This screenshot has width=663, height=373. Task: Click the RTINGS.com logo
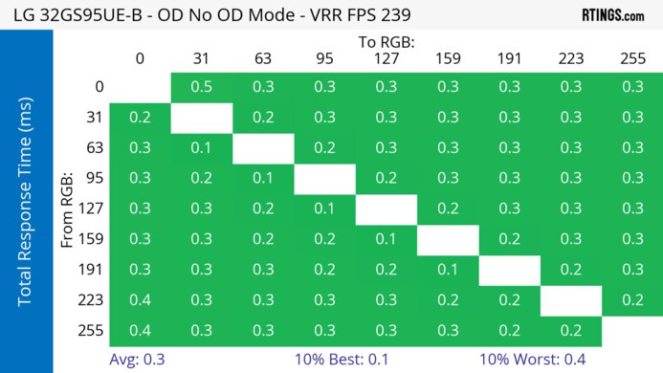click(x=612, y=14)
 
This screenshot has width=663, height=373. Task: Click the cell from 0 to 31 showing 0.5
click(x=201, y=87)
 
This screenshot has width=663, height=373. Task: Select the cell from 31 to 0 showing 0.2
click(x=140, y=118)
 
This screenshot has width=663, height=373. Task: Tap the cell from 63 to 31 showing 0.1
click(x=201, y=148)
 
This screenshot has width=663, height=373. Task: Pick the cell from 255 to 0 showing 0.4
click(x=140, y=331)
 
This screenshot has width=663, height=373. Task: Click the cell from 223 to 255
click(x=632, y=300)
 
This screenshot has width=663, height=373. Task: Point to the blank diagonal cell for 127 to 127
click(x=386, y=209)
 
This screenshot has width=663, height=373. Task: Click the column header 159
click(x=448, y=58)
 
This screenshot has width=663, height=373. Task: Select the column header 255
click(x=632, y=58)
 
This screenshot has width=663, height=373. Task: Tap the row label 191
click(x=93, y=270)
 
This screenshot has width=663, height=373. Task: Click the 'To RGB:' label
click(x=386, y=42)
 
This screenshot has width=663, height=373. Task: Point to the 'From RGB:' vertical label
click(x=68, y=208)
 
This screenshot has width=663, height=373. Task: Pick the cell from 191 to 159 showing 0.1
click(x=448, y=270)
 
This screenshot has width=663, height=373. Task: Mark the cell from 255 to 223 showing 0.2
click(x=571, y=331)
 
